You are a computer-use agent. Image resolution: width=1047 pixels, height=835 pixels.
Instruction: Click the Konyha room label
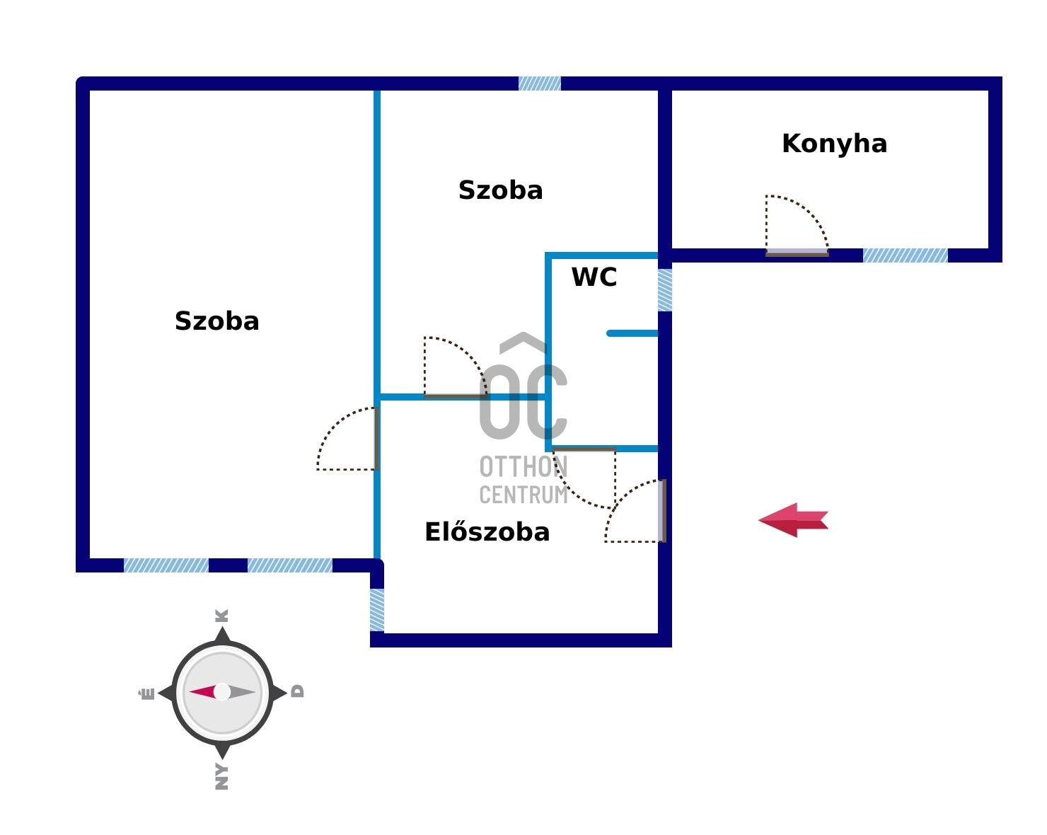pyautogui.click(x=834, y=144)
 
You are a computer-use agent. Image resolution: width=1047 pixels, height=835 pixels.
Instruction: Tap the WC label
pyautogui.click(x=594, y=277)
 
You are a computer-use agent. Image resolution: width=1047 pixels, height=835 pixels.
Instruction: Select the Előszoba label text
pyautogui.click(x=487, y=532)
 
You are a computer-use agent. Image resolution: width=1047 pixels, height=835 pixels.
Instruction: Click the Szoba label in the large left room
pyautogui.click(x=216, y=321)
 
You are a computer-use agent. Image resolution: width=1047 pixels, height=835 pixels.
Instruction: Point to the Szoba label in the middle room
pyautogui.click(x=500, y=190)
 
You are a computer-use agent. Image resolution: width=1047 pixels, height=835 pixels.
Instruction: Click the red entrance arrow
pyautogui.click(x=793, y=520)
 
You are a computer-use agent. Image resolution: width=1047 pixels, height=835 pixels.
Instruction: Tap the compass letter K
pyautogui.click(x=222, y=615)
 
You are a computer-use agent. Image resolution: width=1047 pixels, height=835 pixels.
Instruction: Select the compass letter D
pyautogui.click(x=298, y=691)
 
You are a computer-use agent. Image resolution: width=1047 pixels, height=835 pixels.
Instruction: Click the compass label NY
pyautogui.click(x=222, y=776)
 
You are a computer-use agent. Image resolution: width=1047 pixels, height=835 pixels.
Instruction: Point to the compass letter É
pyautogui.click(x=146, y=693)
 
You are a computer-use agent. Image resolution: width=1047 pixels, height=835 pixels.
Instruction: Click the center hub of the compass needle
pyautogui.click(x=222, y=692)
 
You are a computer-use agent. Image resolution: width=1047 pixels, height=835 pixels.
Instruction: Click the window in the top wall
pyautogui.click(x=539, y=83)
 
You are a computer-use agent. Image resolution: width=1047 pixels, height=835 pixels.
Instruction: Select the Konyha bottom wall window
pyautogui.click(x=905, y=255)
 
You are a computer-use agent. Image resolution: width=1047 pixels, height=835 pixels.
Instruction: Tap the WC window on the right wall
pyautogui.click(x=665, y=290)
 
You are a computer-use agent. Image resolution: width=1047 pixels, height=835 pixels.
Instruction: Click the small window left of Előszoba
pyautogui.click(x=377, y=610)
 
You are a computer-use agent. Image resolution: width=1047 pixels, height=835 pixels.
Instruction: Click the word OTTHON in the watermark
pyautogui.click(x=523, y=467)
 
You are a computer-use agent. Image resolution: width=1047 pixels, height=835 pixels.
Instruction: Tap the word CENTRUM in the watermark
pyautogui.click(x=523, y=494)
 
